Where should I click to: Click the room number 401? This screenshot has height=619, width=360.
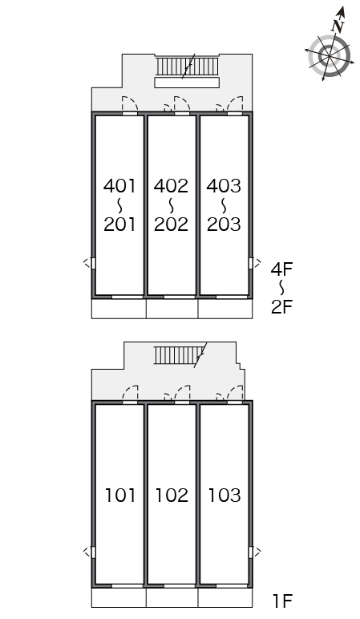[x=119, y=186]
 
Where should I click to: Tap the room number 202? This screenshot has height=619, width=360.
[x=171, y=225]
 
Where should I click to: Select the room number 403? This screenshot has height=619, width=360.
[x=224, y=186]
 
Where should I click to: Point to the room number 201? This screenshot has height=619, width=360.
[x=119, y=225]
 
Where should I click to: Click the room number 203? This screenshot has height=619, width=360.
[x=224, y=225]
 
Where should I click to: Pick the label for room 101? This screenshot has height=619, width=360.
[x=120, y=496]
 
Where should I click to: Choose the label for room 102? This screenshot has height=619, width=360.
[x=172, y=496]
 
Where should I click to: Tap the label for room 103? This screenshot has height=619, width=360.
[x=224, y=496]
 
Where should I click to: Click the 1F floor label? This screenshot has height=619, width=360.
[x=282, y=601]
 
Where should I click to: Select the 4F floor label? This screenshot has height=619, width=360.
[x=281, y=269]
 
